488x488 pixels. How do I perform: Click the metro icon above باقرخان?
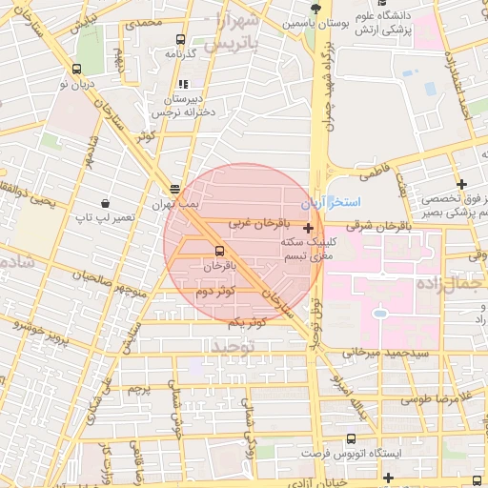[221, 251]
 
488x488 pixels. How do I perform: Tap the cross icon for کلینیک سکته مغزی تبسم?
[308, 228]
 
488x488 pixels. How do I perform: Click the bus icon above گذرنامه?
[180, 40]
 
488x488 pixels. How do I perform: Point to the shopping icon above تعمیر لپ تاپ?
[105, 204]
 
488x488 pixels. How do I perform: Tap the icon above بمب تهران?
[173, 190]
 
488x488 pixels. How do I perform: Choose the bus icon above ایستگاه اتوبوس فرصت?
[352, 439]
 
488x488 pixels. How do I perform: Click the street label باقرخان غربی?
[251, 222]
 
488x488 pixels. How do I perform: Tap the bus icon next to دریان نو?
[76, 69]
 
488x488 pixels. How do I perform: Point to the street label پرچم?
[139, 389]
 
